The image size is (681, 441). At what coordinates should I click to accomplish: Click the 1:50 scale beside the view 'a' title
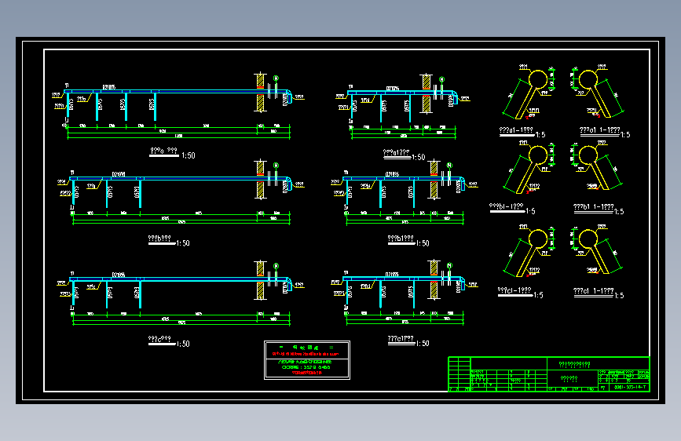pyautogui.click(x=188, y=155)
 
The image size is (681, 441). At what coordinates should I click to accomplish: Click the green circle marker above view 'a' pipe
pyautogui.click(x=276, y=77)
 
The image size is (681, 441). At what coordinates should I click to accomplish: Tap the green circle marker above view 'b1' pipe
pyautogui.click(x=449, y=165)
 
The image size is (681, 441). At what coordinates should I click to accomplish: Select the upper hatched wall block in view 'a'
pyautogui.click(x=261, y=80)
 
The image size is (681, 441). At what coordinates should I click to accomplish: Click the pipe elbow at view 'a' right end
pyautogui.click(x=287, y=97)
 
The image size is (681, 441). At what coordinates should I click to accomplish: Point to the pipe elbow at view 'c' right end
pyautogui.click(x=287, y=283)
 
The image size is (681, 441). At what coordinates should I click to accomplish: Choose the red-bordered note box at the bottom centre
pyautogui.click(x=306, y=361)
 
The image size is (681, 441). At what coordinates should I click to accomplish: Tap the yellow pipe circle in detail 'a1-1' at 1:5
pyautogui.click(x=538, y=79)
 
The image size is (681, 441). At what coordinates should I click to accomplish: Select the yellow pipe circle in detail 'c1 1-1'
pyautogui.click(x=588, y=239)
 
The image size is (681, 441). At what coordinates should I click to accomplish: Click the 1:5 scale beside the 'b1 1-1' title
pyautogui.click(x=618, y=211)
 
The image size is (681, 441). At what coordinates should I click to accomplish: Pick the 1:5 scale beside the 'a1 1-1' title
pyautogui.click(x=624, y=135)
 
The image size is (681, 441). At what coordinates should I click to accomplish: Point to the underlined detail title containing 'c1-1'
pyautogui.click(x=514, y=291)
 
